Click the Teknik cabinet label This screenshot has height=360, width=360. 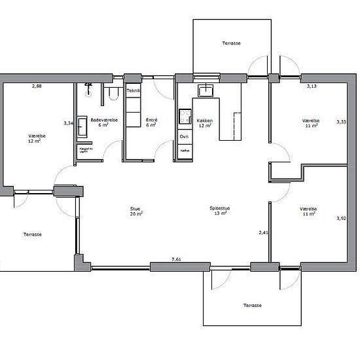(x=134, y=91)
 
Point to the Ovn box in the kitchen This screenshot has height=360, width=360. (x=184, y=136)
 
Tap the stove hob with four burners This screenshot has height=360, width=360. (x=184, y=117)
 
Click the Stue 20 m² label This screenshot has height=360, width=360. (x=136, y=211)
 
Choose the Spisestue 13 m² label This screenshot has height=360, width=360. (x=219, y=211)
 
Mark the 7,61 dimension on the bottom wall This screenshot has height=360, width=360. (x=176, y=260)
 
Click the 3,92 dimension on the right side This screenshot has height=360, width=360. (x=340, y=218)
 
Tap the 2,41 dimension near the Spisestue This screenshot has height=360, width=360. (x=263, y=232)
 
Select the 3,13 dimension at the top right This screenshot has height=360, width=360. (x=313, y=86)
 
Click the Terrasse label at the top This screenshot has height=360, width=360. (x=231, y=43)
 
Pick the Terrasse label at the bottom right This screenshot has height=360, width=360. (x=252, y=306)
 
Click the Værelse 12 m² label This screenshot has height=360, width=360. (x=35, y=138)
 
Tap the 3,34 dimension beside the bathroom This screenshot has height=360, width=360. (x=67, y=122)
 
